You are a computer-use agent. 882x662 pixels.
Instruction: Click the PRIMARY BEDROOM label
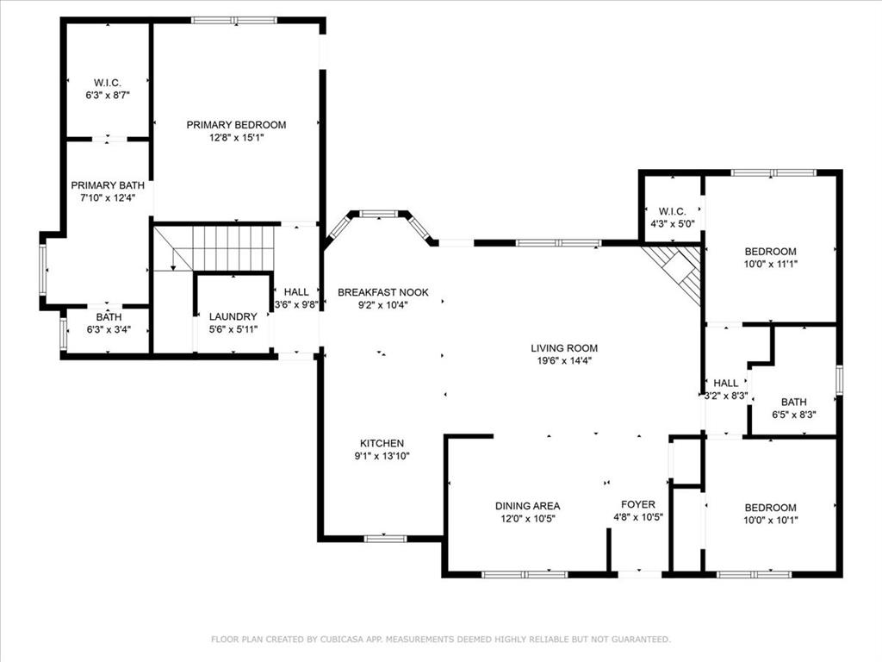pyautogui.click(x=236, y=125)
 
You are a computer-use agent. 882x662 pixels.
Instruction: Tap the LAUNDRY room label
pyautogui.click(x=233, y=317)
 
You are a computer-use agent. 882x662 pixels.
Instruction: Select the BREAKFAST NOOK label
pyautogui.click(x=383, y=292)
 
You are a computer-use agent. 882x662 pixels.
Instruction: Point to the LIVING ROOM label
pyautogui.click(x=564, y=348)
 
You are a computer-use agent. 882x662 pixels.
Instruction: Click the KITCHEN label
pyautogui.click(x=382, y=444)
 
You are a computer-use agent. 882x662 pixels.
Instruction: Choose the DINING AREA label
pyautogui.click(x=528, y=506)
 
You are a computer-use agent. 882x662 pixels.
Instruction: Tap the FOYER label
pyautogui.click(x=638, y=504)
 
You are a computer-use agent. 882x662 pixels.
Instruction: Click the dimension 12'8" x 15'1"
pyautogui.click(x=237, y=138)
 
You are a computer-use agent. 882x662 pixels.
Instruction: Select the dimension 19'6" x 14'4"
pyautogui.click(x=564, y=361)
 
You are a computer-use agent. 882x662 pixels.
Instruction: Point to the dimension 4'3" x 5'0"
pyautogui.click(x=673, y=223)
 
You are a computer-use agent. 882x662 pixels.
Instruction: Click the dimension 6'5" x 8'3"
pyautogui.click(x=794, y=415)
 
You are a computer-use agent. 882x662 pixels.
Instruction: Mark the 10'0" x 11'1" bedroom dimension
pyautogui.click(x=771, y=264)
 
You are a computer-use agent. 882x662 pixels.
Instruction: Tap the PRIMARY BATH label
pyautogui.click(x=108, y=185)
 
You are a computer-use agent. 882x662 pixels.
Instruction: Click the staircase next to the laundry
pyautogui.click(x=216, y=248)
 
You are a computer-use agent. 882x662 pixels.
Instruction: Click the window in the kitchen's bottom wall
pyautogui.click(x=385, y=539)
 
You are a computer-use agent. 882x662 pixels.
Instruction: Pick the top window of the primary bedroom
pyautogui.click(x=234, y=21)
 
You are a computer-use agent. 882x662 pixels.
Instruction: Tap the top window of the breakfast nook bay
pyautogui.click(x=379, y=214)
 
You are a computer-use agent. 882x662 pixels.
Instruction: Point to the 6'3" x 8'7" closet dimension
pyautogui.click(x=108, y=96)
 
